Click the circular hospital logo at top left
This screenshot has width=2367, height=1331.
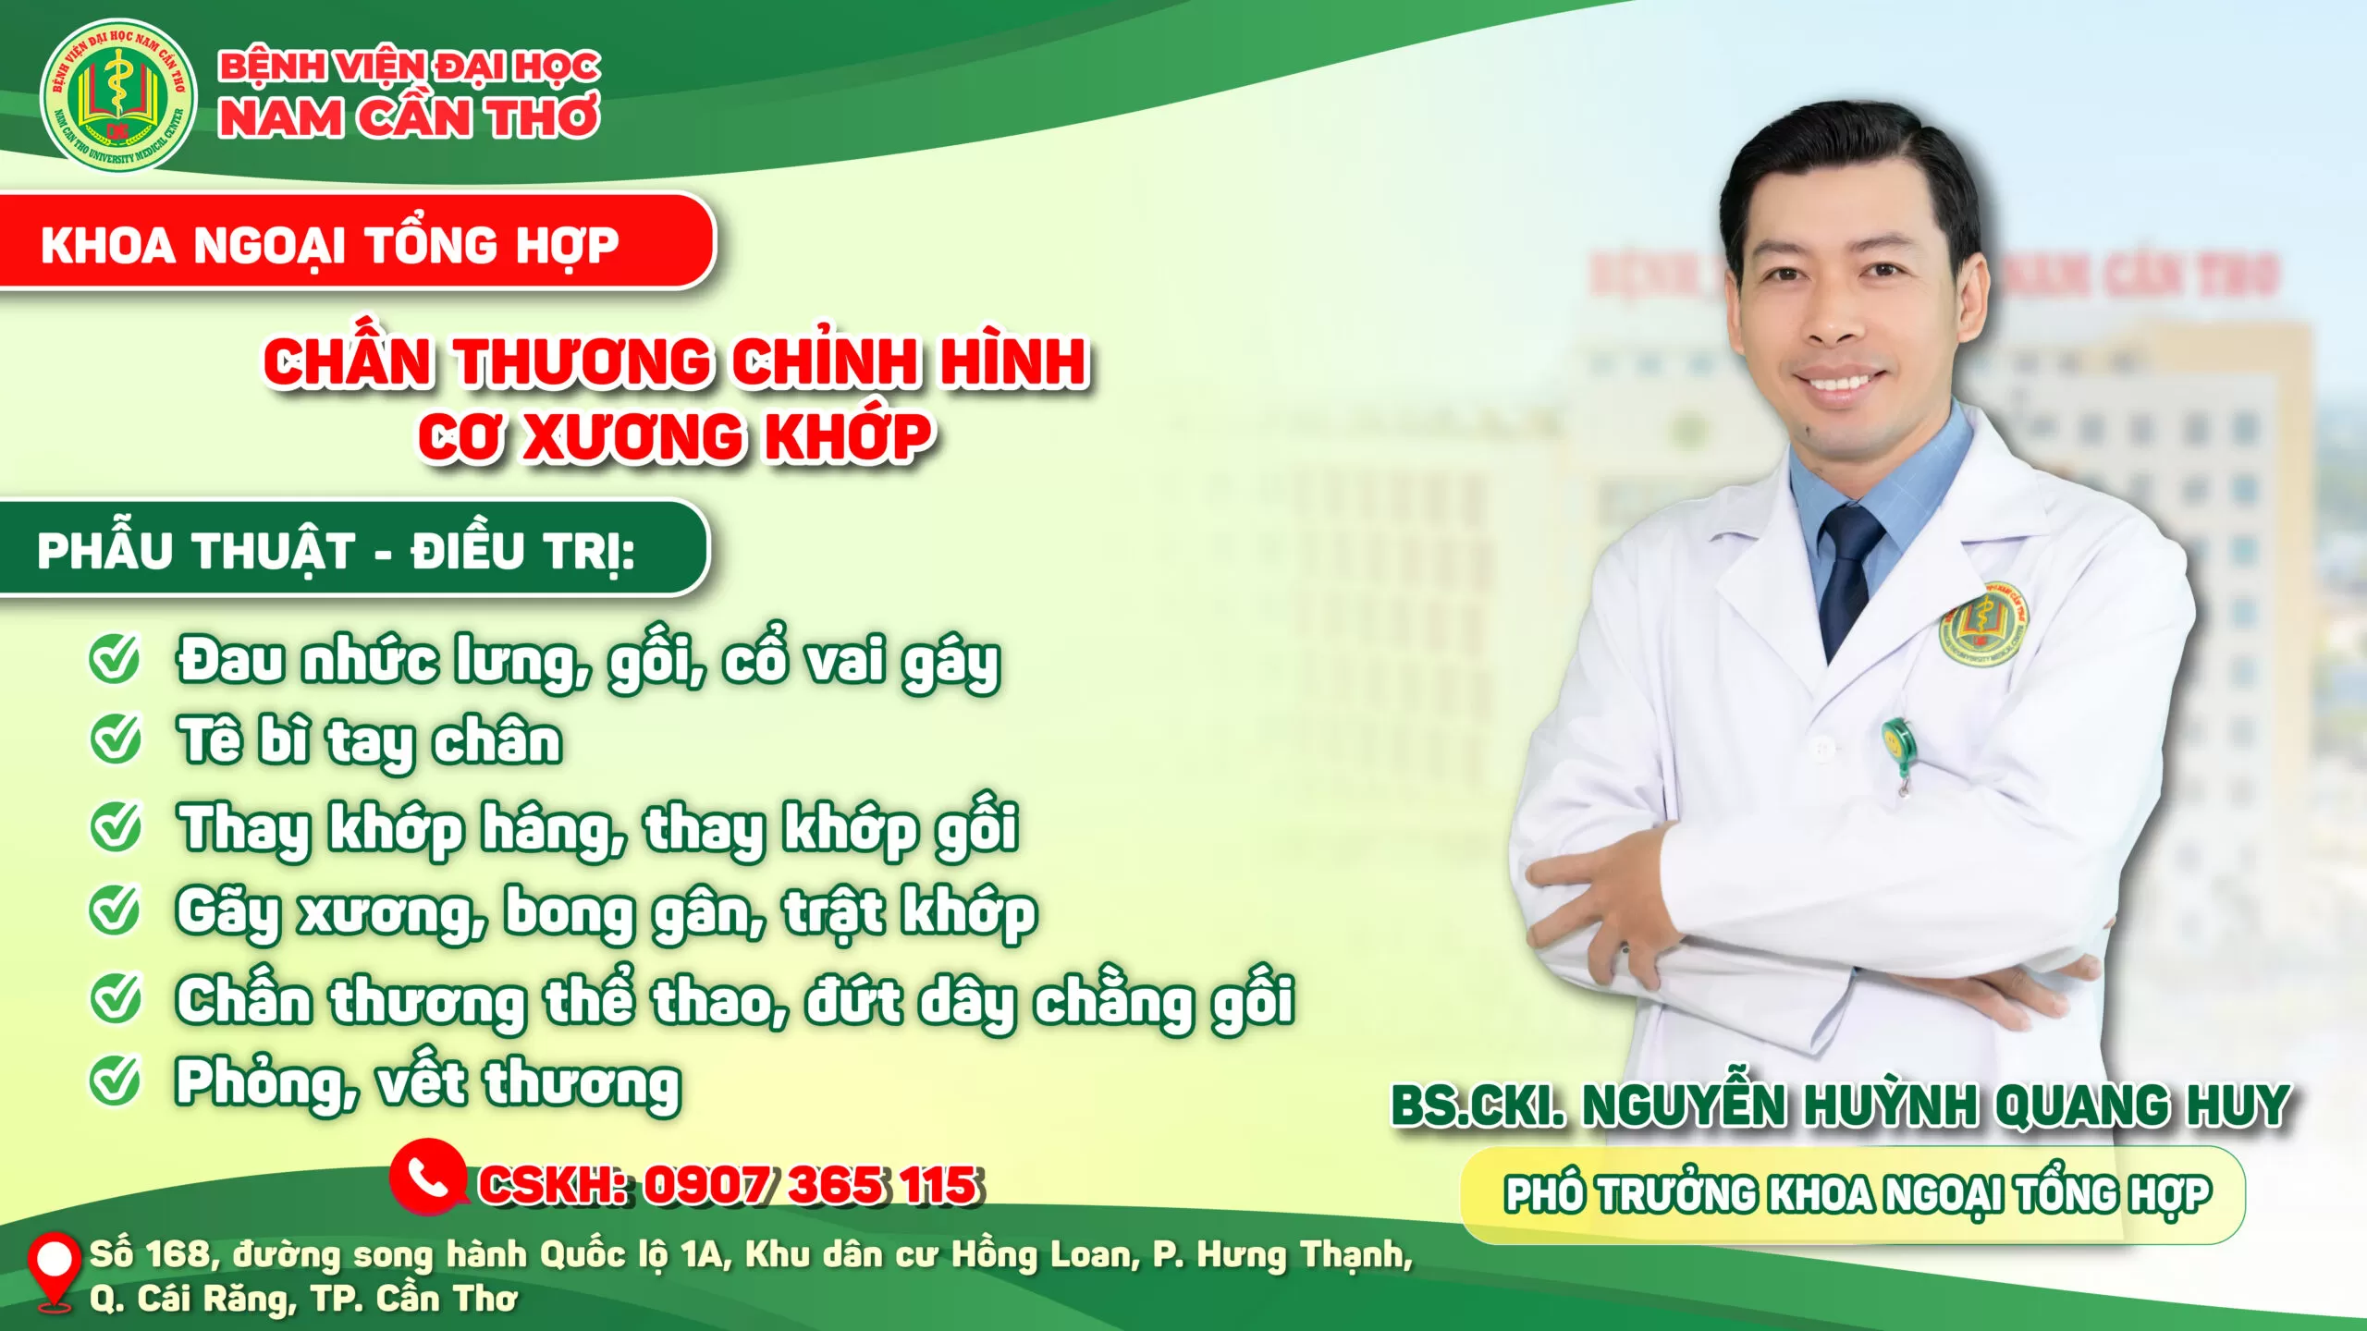tap(118, 96)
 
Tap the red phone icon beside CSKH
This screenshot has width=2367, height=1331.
tap(427, 1177)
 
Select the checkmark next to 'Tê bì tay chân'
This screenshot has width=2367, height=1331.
tap(116, 739)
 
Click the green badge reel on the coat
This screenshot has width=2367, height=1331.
tap(1897, 745)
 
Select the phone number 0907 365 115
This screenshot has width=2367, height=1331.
tap(810, 1185)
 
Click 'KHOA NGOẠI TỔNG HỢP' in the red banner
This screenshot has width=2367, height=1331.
tap(329, 246)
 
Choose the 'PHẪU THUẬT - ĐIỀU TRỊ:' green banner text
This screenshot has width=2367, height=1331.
tap(337, 551)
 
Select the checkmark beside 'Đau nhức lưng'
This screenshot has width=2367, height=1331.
tap(116, 660)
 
